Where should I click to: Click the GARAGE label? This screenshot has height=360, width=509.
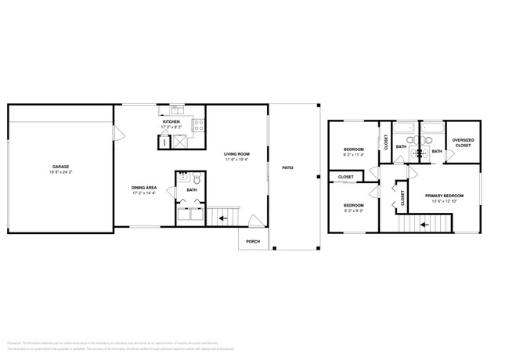click(60, 166)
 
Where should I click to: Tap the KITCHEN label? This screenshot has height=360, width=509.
click(171, 122)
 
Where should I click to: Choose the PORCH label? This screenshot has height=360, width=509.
click(253, 241)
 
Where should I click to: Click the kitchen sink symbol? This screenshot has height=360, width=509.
click(179, 109)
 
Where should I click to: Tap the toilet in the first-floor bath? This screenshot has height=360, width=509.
click(196, 179)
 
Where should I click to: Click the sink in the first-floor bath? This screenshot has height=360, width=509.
click(182, 176)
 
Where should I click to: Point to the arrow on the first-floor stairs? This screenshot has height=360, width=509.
click(223, 218)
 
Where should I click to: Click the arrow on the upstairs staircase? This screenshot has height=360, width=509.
click(424, 224)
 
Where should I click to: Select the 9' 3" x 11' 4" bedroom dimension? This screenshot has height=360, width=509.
click(355, 154)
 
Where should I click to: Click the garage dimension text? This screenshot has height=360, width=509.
click(60, 171)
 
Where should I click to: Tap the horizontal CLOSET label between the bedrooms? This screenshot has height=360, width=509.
click(345, 178)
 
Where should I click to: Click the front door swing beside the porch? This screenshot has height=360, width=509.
click(252, 221)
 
